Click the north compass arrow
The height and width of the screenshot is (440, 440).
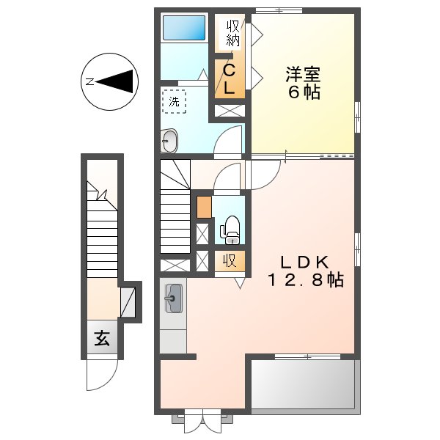point(117,81)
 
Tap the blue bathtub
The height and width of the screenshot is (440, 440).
point(184,29)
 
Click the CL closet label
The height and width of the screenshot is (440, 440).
point(229,80)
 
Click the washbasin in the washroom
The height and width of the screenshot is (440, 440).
point(169,139)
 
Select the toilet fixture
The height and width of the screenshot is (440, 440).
point(231,228)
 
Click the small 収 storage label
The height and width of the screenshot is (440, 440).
point(230,261)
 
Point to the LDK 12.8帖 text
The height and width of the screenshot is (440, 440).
point(304,271)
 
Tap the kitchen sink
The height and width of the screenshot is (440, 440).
point(174,298)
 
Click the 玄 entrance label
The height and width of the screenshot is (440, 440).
point(101,339)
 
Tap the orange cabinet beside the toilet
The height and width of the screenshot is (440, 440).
point(204,208)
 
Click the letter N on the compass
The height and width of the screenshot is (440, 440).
point(89,81)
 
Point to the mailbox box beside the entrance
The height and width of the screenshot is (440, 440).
point(128,301)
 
